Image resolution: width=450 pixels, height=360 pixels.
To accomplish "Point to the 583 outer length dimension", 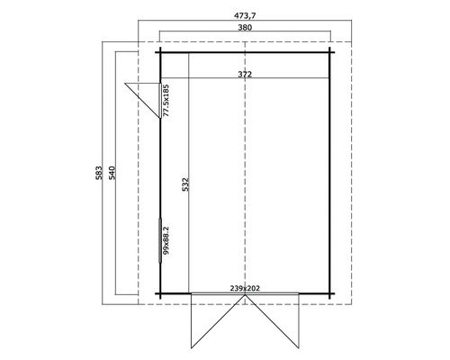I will tap(98, 172).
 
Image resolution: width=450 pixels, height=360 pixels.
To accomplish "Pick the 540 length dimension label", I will tap(111, 172).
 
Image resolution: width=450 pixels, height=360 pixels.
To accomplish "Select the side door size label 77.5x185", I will tap(166, 100).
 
